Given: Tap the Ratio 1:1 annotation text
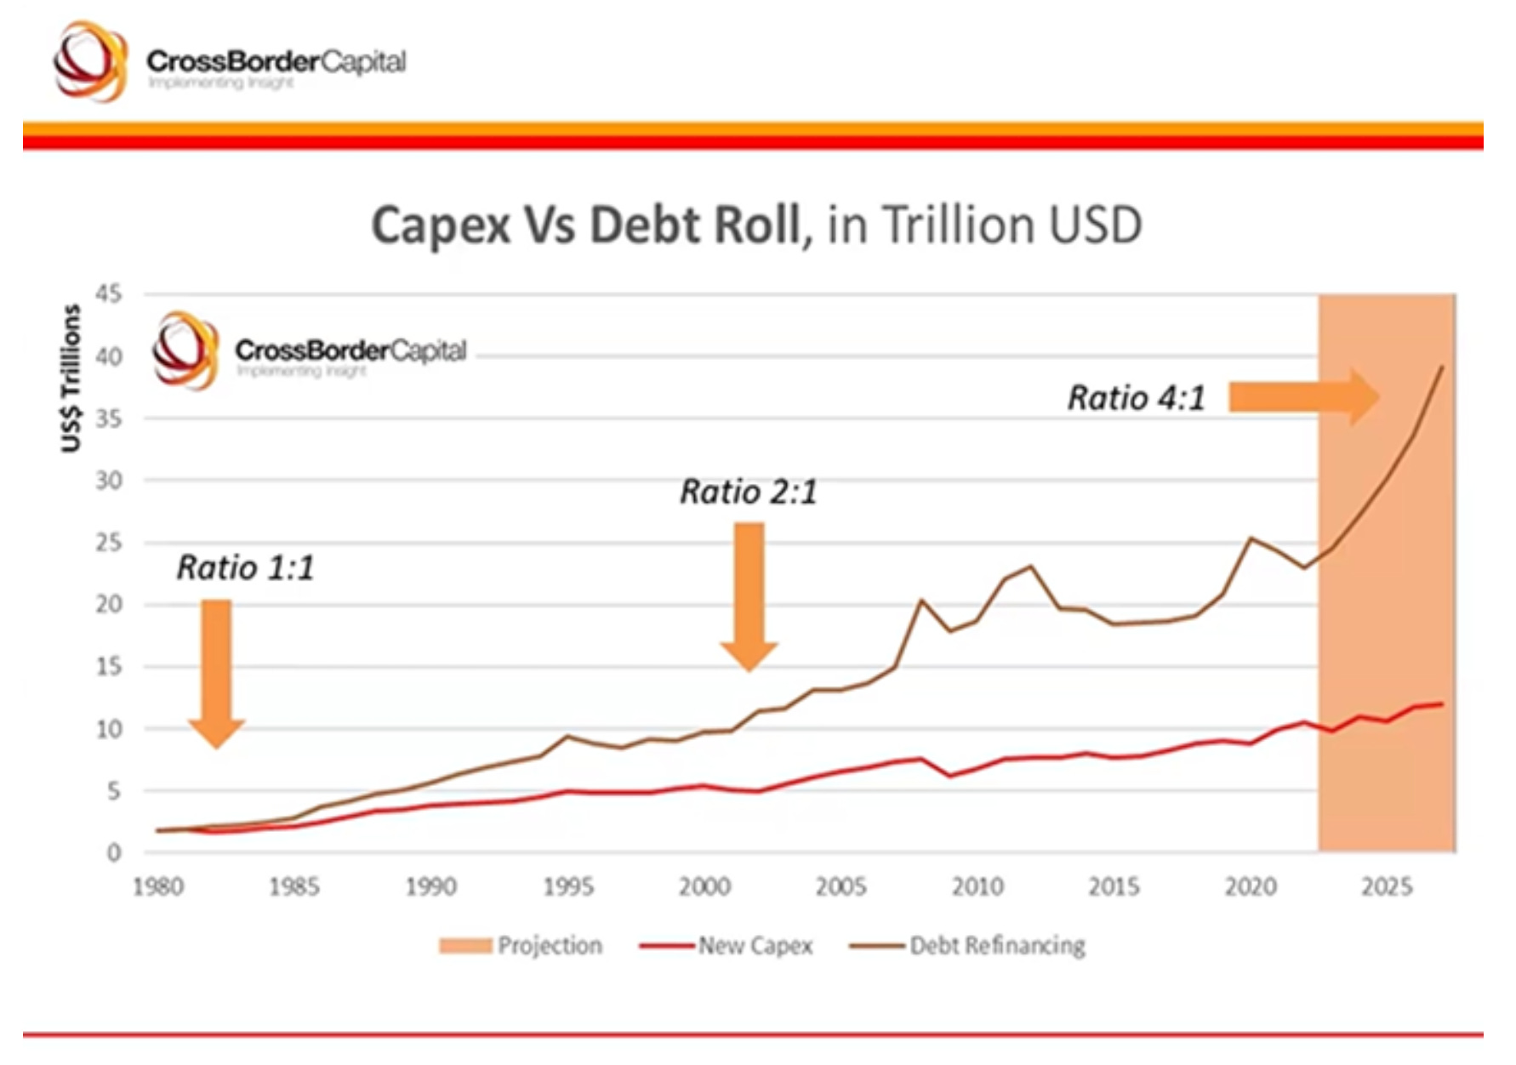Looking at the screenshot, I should click(x=245, y=567).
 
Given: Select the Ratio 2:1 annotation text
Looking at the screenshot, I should click(x=748, y=492).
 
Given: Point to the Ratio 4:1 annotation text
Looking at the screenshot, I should click(x=1136, y=398).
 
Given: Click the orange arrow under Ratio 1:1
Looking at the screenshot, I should click(x=217, y=672).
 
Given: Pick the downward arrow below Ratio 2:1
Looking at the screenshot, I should click(x=749, y=595).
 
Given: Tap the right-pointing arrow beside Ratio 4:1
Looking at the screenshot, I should click(x=1302, y=396).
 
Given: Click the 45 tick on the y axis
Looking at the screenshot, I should click(x=109, y=294).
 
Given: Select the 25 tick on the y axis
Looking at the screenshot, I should click(x=109, y=543).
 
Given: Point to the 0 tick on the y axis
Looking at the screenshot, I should click(x=114, y=852).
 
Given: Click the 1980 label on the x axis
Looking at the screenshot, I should click(x=158, y=887).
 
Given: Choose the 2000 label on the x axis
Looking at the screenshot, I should click(x=704, y=887).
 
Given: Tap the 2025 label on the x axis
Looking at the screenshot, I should click(x=1387, y=887).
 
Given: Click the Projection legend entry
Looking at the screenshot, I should click(x=521, y=946).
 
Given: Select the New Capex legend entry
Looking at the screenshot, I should click(x=727, y=946).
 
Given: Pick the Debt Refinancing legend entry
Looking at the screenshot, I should click(x=968, y=946).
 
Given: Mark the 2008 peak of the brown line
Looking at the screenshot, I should click(x=921, y=601).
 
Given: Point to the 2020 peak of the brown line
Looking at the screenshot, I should click(x=1251, y=538).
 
